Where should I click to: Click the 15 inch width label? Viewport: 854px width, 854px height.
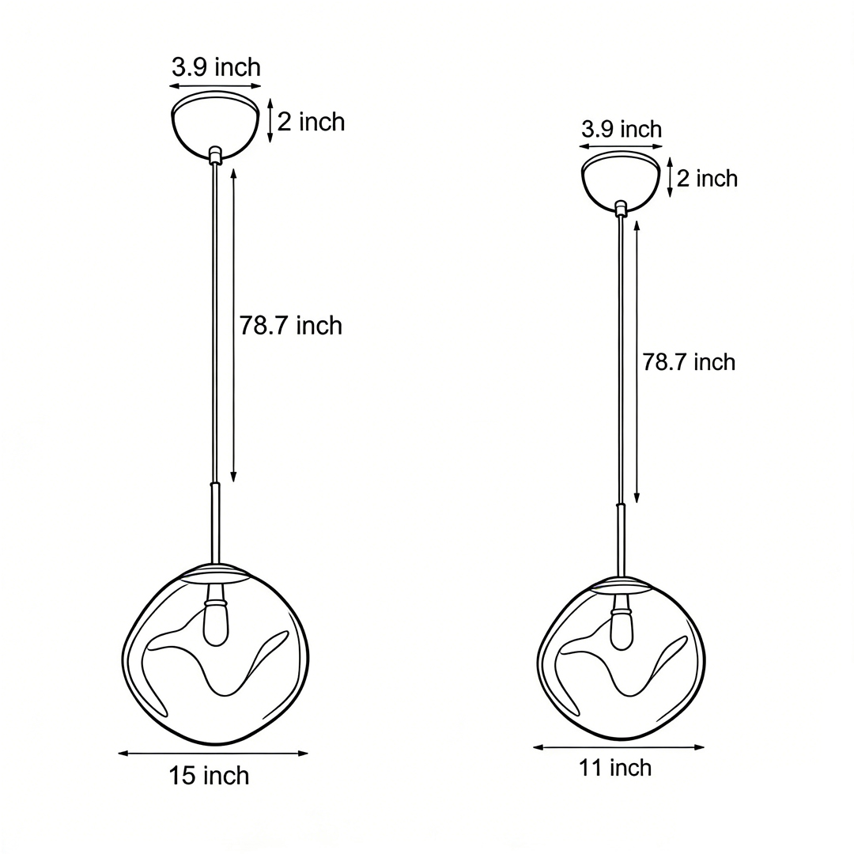point(209,776)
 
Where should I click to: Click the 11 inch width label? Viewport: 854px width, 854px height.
point(615,767)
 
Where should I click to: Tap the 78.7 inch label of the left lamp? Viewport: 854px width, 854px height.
point(291,325)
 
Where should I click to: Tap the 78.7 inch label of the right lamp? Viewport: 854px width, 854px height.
point(689,362)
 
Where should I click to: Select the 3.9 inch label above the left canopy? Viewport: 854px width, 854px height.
point(216,67)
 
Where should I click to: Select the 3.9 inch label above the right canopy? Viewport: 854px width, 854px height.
point(622,129)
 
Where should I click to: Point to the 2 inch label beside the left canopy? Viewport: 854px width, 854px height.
point(311,122)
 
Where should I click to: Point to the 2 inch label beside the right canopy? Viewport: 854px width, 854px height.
point(707,179)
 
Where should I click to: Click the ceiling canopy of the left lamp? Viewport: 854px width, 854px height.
point(215,127)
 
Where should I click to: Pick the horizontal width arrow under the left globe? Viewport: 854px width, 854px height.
point(213,754)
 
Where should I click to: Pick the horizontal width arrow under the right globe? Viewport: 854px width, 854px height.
point(618,747)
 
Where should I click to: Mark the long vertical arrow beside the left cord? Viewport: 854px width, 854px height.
point(233,324)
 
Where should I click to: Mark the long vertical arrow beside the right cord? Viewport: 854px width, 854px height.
point(637,361)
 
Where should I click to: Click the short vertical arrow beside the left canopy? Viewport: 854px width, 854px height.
point(270,120)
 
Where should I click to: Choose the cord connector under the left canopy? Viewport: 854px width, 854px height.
point(214,153)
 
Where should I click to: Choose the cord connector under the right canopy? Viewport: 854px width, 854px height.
point(621,208)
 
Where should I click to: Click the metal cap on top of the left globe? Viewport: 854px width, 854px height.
point(215,572)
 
